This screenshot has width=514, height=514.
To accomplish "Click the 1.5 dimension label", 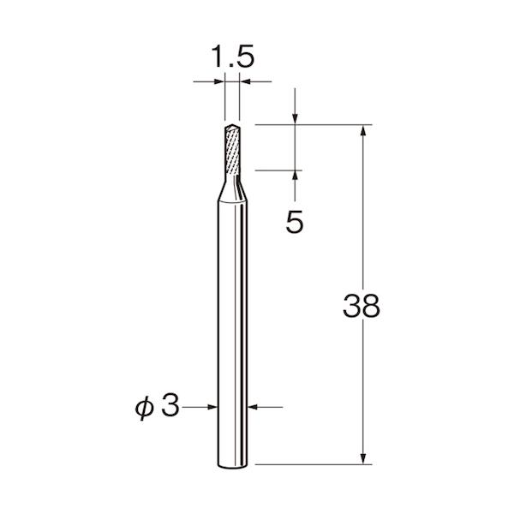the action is (233, 57).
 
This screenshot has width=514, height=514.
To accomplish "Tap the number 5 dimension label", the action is (295, 222).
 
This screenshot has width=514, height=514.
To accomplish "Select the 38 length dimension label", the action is (362, 306).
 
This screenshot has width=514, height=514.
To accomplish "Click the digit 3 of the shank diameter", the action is (170, 405).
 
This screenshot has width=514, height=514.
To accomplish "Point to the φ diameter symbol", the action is (144, 408).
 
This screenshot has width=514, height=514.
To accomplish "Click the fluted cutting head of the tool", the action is (232, 150).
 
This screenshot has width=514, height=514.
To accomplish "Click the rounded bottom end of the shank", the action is (232, 465).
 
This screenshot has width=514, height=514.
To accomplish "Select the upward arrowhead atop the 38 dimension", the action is (363, 130).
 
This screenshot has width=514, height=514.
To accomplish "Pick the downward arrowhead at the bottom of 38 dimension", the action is (363, 458).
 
